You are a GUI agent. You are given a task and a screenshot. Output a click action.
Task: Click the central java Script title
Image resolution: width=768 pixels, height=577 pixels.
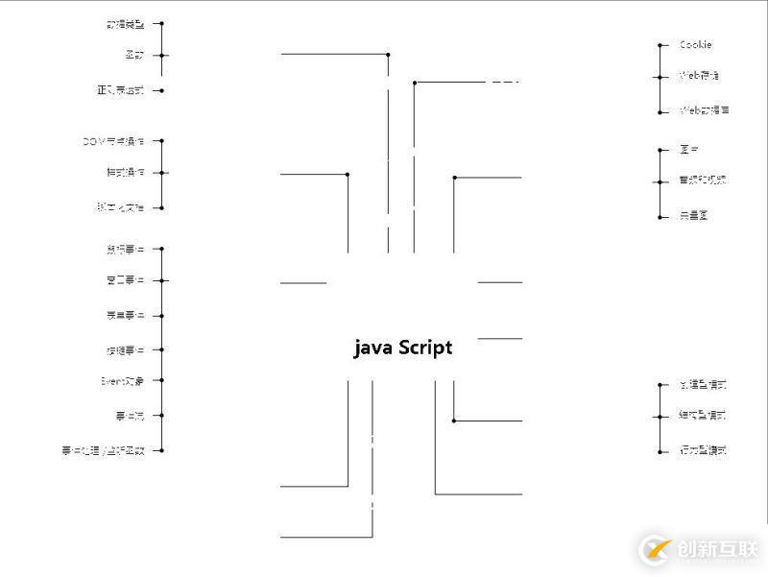click(x=403, y=348)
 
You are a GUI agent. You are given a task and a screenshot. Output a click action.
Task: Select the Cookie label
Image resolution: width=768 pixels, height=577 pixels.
click(x=695, y=45)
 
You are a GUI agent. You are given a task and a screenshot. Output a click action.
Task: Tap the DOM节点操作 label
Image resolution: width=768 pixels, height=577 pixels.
click(x=113, y=141)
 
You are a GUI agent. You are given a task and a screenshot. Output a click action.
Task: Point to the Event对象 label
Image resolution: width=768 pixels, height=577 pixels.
click(x=122, y=381)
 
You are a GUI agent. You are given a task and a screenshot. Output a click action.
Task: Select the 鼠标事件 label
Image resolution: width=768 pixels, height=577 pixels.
click(x=125, y=250)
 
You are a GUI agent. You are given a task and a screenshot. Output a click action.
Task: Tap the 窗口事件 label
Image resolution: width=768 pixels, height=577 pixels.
click(x=125, y=281)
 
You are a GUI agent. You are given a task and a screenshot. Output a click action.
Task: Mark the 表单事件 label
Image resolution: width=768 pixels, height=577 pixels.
click(x=125, y=316)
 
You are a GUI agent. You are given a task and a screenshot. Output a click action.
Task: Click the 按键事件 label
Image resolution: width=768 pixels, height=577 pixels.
click(x=125, y=350)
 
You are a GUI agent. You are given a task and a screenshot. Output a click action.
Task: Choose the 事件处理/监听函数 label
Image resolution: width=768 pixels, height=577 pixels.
click(x=113, y=450)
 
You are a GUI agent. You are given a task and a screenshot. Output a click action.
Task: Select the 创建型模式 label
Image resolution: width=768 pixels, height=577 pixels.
click(x=703, y=385)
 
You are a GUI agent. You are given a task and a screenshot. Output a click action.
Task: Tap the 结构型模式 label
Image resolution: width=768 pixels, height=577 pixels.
click(x=703, y=416)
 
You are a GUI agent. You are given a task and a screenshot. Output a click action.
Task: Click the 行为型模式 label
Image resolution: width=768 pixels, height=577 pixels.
click(x=703, y=450)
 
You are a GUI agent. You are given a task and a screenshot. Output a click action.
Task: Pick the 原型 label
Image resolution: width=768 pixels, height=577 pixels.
click(x=688, y=150)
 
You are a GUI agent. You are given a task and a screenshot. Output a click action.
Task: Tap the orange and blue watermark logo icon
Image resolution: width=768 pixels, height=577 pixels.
click(x=657, y=550)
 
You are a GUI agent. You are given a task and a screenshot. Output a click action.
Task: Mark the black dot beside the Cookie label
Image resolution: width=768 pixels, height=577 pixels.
click(x=660, y=45)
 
